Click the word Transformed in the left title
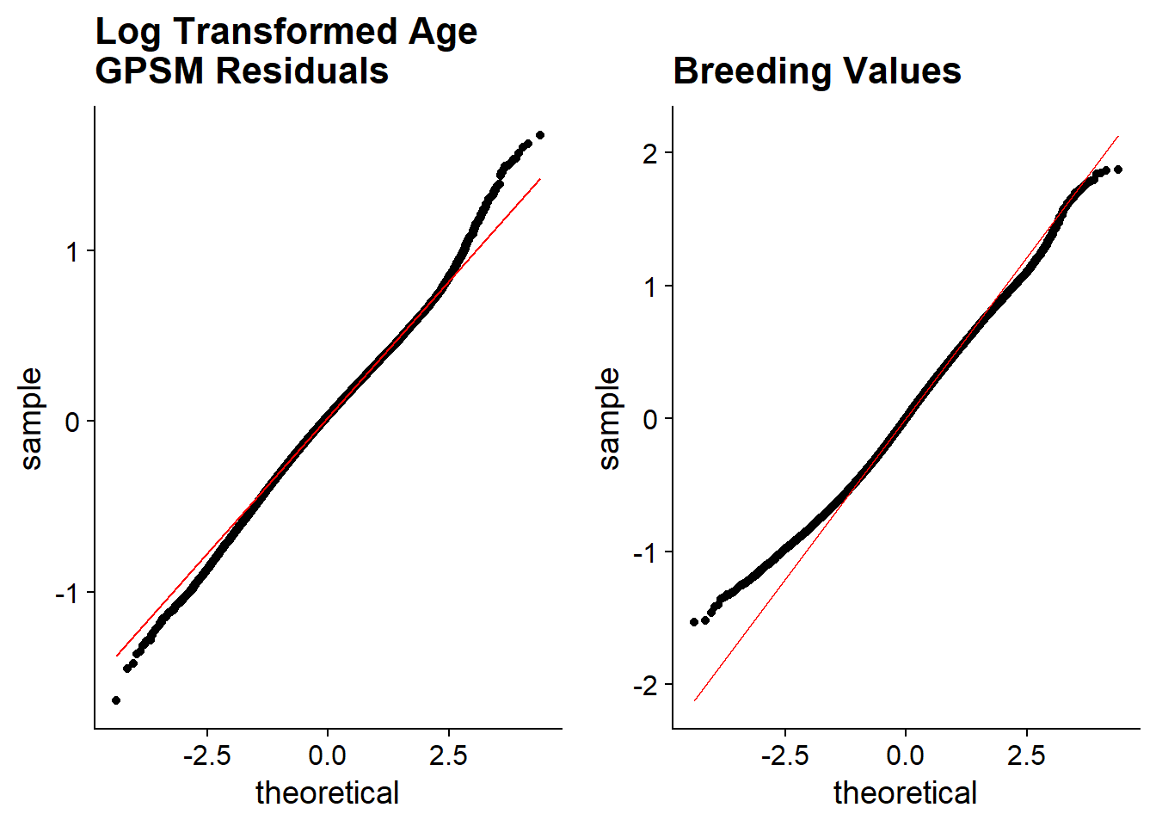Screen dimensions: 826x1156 286,32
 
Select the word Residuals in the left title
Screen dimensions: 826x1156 302,71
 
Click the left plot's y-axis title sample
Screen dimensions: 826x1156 31,418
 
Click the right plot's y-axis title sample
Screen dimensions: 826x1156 609,418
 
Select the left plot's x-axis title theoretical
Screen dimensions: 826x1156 328,792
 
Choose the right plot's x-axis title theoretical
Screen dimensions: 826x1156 906,792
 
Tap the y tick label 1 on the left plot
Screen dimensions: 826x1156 72,252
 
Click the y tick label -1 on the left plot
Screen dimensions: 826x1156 66,593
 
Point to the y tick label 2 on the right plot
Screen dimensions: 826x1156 650,153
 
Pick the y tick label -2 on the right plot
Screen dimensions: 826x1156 644,686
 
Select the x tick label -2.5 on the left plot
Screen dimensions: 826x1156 207,756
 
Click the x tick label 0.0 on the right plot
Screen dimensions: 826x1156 906,756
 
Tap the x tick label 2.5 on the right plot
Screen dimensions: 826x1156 1026,756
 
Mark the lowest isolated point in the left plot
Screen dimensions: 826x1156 116,700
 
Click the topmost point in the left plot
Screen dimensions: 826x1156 539,135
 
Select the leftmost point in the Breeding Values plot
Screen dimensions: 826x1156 694,622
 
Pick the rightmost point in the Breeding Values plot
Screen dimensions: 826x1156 1117,170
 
